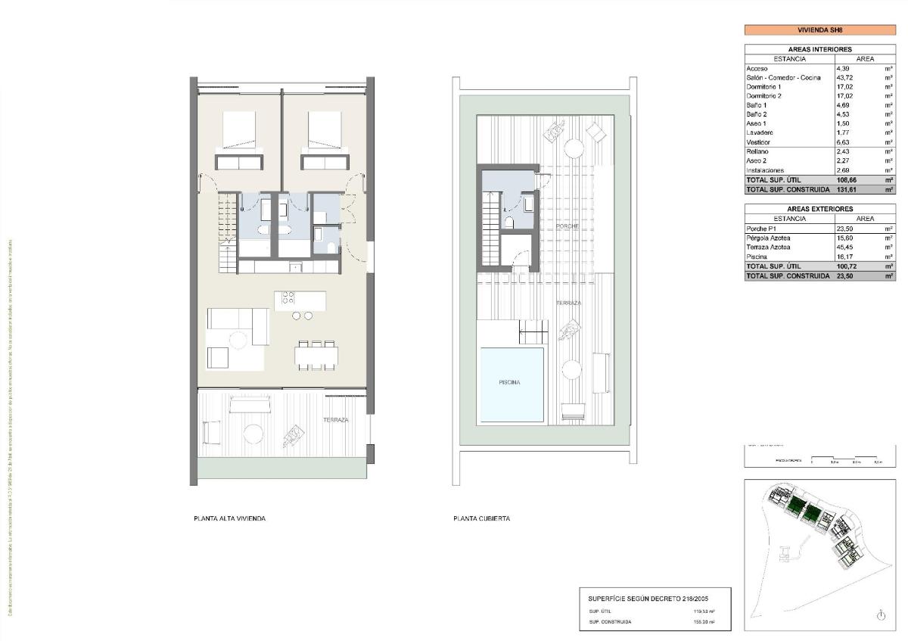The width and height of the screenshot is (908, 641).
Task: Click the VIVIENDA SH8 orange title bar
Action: coord(819,30)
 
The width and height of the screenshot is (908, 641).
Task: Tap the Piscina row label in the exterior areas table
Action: coord(757,257)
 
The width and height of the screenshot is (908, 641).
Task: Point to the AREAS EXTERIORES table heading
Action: coord(819,209)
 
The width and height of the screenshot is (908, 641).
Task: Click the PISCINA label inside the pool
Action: coord(509,383)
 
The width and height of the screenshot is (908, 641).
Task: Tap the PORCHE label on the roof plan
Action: coord(567,226)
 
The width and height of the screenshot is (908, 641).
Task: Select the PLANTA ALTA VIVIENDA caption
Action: coord(229,519)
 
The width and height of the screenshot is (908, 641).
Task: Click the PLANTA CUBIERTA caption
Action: coord(481,519)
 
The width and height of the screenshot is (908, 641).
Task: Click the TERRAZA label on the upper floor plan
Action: coord(335,420)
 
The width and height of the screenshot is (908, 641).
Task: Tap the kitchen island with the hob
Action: coord(300,299)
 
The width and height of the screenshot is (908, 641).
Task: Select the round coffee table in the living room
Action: coord(238,340)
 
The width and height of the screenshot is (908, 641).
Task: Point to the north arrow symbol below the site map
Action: coord(881,616)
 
